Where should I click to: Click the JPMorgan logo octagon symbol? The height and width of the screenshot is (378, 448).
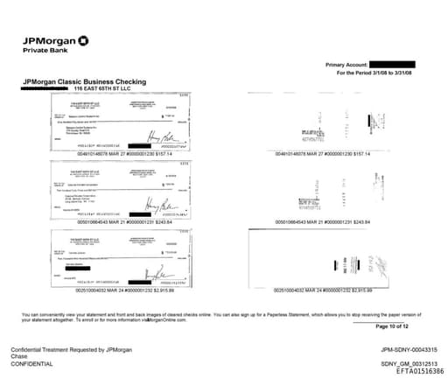click(x=83, y=40)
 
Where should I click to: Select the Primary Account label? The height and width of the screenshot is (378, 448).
click(x=346, y=66)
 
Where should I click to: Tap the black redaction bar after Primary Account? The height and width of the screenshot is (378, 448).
click(x=399, y=65)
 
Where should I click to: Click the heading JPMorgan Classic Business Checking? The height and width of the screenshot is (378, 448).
click(x=84, y=82)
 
